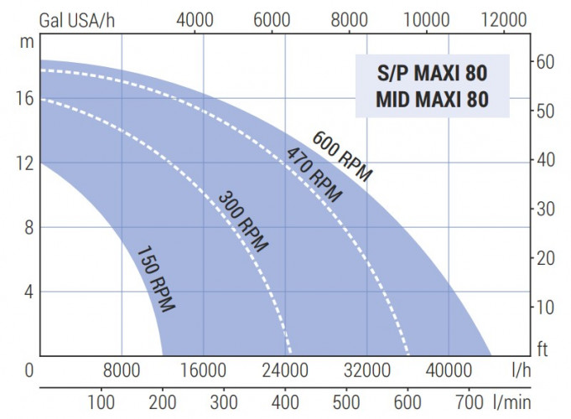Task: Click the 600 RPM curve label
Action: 341,156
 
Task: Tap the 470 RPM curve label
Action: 314,174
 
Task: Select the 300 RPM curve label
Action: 243,222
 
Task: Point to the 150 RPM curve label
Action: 155,278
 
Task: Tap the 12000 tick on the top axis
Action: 503,19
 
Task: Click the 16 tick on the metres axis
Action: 24,98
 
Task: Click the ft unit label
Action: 542,349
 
